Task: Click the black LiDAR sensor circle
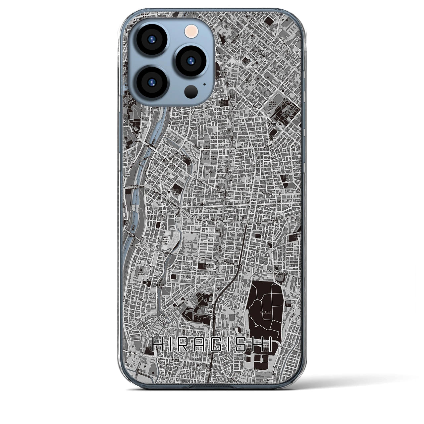[191, 91]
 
